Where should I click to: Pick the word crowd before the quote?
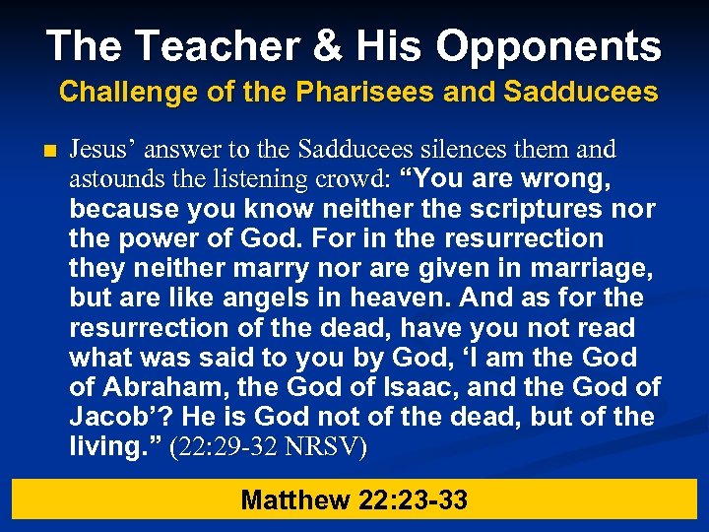coord(351,179)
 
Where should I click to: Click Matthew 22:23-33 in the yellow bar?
coord(354,500)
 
